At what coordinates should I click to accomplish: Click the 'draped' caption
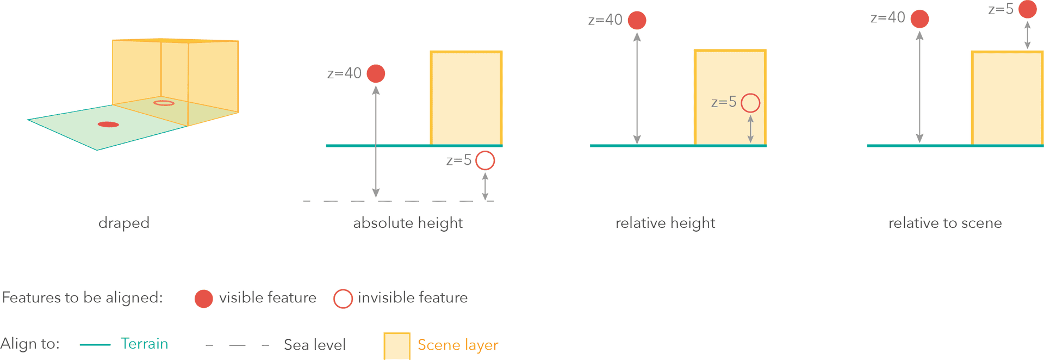tap(124, 223)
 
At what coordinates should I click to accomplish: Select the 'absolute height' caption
tap(408, 223)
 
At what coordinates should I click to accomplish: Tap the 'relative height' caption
tap(665, 223)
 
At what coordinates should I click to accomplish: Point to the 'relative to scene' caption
tap(945, 223)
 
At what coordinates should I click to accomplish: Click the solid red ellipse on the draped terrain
tap(108, 125)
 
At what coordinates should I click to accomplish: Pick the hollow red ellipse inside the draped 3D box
tap(164, 103)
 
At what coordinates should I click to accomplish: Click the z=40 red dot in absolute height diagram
tap(376, 73)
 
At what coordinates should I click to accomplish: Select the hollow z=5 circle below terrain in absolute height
tap(485, 160)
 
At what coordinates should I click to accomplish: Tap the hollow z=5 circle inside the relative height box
tap(750, 103)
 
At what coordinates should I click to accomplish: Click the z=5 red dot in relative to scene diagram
tap(1027, 9)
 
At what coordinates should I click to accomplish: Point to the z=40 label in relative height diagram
tap(605, 20)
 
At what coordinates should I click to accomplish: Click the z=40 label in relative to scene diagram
tap(887, 18)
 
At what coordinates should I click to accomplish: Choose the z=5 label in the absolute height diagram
tap(458, 160)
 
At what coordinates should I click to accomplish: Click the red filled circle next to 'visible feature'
tap(204, 299)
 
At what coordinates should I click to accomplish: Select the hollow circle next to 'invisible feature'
tap(343, 299)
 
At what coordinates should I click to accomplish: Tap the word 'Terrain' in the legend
tap(144, 344)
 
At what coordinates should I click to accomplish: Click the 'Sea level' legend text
tap(314, 345)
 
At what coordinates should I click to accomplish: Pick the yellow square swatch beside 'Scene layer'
tap(397, 346)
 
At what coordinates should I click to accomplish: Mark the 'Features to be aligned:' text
tap(83, 297)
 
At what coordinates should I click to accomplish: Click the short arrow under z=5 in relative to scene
tap(1027, 35)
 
